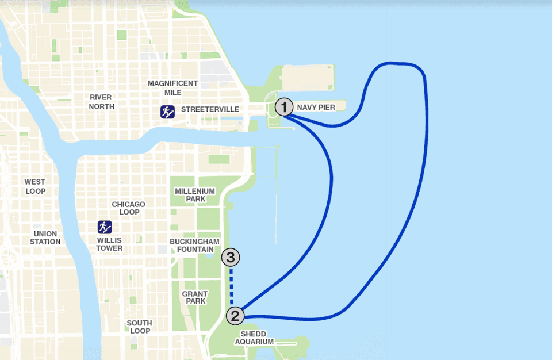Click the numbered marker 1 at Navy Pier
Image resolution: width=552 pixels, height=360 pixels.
tap(284, 107)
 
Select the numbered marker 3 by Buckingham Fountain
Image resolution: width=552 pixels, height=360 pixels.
tap(231, 257)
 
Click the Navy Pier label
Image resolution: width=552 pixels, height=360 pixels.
tap(316, 108)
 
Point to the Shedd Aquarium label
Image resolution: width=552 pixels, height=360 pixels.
tap(254, 338)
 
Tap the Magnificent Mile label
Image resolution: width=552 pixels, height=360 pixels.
tap(172, 88)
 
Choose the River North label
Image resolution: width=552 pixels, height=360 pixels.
tap(101, 102)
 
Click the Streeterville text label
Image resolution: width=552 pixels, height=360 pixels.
tap(209, 109)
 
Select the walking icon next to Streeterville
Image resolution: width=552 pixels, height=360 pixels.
tap(167, 112)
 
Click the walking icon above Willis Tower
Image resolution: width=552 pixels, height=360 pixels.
tap(105, 227)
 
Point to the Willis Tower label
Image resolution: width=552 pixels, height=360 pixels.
tap(109, 244)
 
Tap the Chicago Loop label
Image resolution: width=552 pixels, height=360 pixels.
tap(129, 208)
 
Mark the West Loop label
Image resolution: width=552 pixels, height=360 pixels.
tap(34, 186)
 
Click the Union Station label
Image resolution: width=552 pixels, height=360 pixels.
tap(45, 238)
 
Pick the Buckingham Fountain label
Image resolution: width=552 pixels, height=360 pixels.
tap(195, 246)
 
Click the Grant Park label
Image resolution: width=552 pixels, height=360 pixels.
tap(195, 298)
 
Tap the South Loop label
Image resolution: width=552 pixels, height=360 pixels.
tap(140, 327)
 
